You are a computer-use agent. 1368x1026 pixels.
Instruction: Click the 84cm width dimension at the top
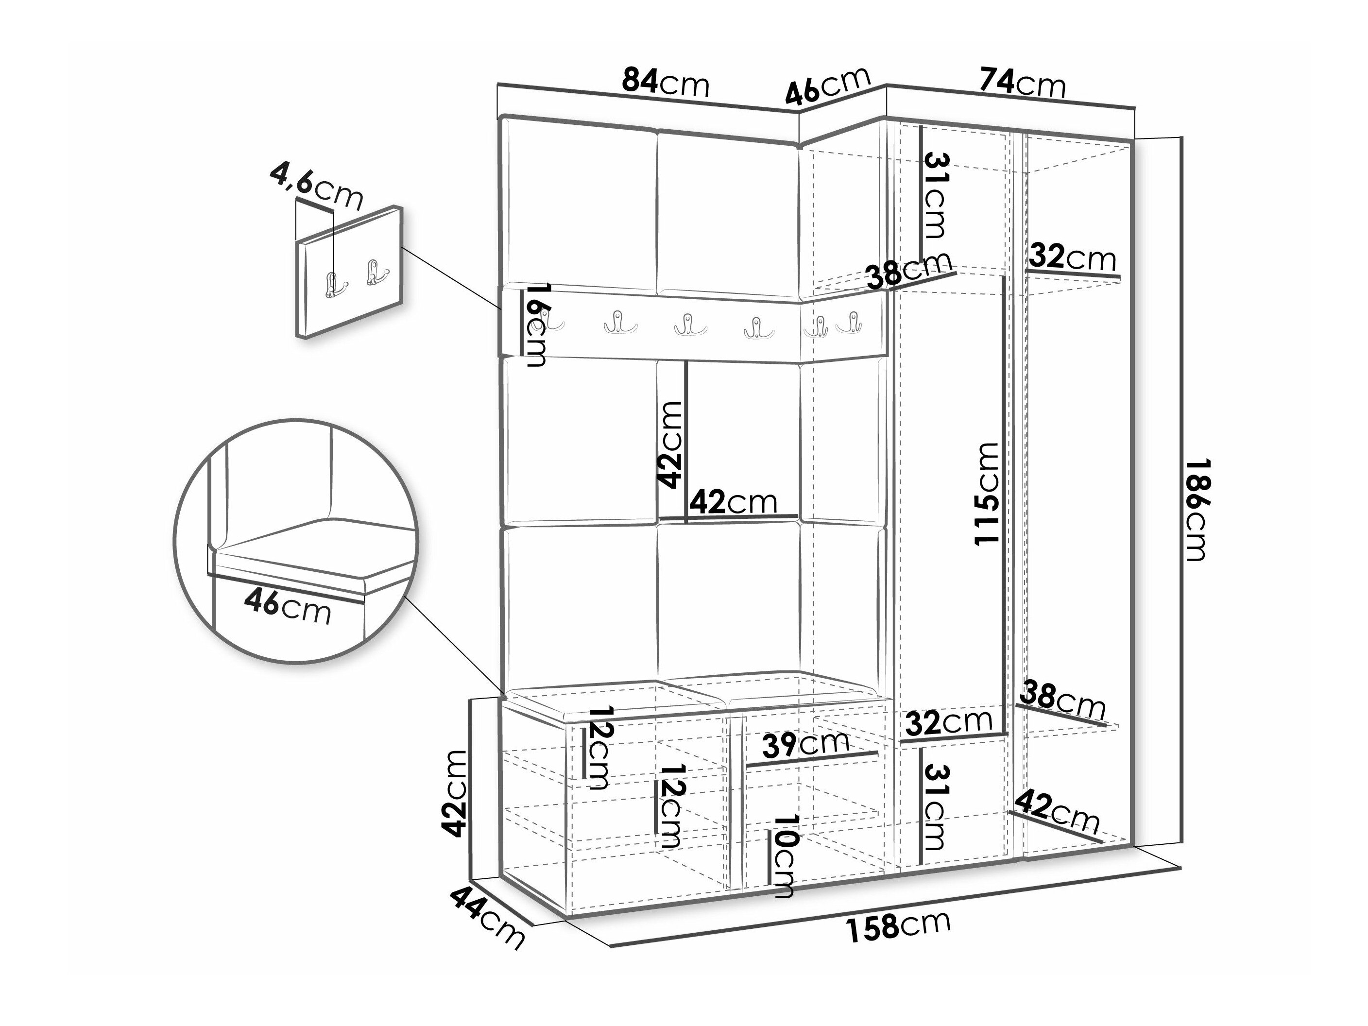(x=666, y=82)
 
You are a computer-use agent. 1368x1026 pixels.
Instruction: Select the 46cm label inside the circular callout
(x=288, y=607)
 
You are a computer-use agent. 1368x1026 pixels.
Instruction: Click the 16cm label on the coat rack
(x=535, y=325)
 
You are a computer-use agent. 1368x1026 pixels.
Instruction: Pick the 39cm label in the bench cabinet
(x=806, y=745)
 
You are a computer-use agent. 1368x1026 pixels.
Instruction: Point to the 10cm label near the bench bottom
(x=782, y=855)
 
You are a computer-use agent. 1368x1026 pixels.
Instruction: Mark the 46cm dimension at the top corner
(x=829, y=85)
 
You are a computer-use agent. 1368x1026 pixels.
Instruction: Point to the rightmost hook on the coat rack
(x=852, y=324)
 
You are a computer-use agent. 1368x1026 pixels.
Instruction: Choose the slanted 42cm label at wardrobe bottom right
(x=1058, y=811)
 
